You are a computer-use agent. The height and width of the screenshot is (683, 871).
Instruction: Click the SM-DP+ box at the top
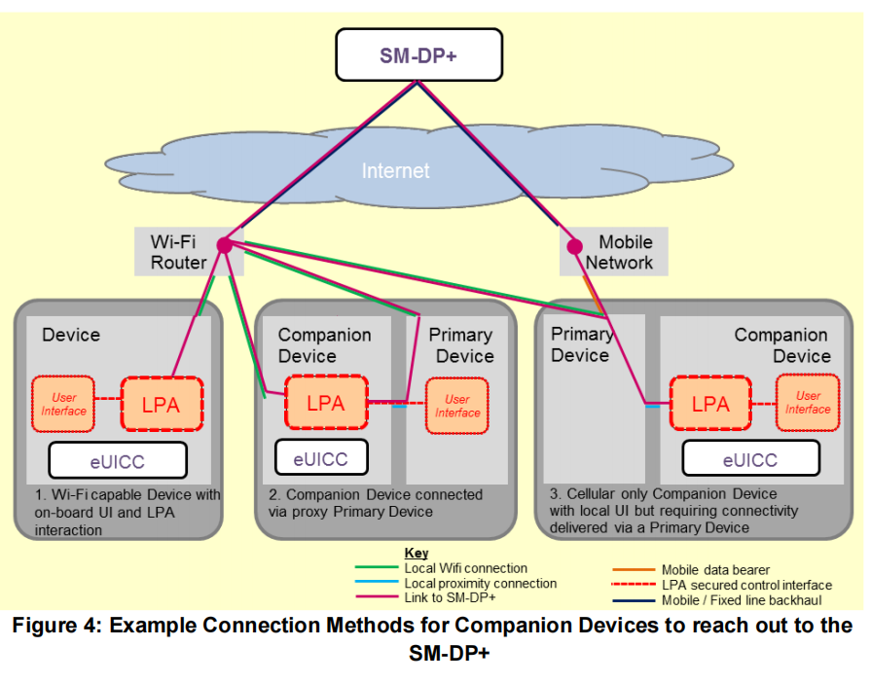[418, 54]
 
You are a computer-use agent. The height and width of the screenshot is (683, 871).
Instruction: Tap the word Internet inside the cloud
[395, 171]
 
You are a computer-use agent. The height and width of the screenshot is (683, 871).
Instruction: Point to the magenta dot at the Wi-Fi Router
[224, 245]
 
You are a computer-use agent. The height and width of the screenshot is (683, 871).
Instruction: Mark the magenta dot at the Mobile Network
[574, 245]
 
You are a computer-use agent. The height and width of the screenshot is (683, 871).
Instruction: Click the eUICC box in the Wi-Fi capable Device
[117, 461]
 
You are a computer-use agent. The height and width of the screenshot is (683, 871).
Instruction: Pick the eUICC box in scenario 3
[749, 459]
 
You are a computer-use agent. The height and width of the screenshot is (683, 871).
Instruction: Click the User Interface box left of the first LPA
[64, 404]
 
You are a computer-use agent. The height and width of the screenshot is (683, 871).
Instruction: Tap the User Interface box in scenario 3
[807, 403]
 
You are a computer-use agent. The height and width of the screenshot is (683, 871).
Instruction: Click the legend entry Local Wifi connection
[465, 568]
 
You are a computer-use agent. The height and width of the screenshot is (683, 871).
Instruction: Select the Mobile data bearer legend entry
[715, 570]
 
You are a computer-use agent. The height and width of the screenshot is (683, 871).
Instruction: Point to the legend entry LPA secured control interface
[746, 585]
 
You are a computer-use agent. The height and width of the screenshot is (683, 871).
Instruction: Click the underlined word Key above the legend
[417, 554]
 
